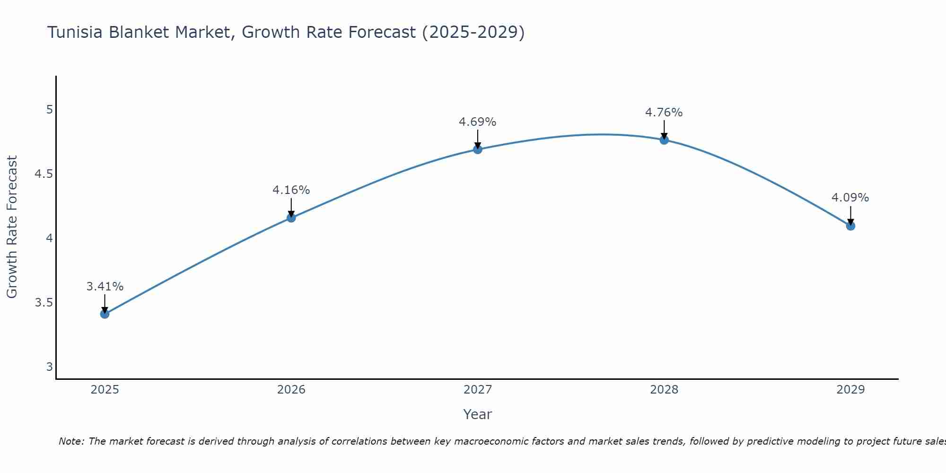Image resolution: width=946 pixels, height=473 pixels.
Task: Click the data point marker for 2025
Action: coord(105,314)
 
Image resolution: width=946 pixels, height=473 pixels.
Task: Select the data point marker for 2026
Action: coord(291,218)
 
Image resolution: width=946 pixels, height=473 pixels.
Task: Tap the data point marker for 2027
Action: coord(478,149)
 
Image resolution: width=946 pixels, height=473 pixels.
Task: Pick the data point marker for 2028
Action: coord(664,140)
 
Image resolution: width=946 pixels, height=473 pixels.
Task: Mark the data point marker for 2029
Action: coord(850,226)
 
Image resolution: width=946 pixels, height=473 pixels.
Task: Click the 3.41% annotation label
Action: coord(105,287)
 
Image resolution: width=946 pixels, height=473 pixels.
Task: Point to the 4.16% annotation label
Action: coord(291,190)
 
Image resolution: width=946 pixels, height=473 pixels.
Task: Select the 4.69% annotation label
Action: coord(478,122)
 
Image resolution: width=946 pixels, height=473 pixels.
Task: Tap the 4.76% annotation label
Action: coord(664,113)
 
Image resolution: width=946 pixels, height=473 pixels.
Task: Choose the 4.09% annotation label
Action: coord(850,198)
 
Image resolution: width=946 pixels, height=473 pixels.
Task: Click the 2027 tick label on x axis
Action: coord(478,390)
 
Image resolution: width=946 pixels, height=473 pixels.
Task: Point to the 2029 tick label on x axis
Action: coord(850,390)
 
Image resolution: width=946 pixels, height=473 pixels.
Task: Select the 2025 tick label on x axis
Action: coord(105,390)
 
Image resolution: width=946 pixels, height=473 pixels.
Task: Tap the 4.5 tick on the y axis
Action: coord(44,174)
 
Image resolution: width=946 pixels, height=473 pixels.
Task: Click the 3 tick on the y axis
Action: coord(50,367)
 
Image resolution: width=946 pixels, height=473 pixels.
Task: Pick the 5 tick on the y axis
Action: coord(50,110)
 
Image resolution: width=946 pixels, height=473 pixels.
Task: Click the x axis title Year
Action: coord(478,414)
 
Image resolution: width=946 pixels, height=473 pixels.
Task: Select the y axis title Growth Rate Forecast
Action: coord(12,227)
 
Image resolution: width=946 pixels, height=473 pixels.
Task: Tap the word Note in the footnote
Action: coord(71,441)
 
